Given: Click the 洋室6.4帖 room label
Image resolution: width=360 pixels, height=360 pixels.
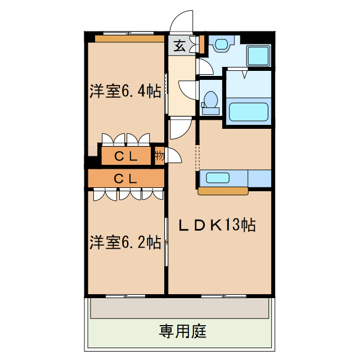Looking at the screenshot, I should [x=125, y=92].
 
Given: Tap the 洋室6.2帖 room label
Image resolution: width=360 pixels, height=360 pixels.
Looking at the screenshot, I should [x=125, y=242].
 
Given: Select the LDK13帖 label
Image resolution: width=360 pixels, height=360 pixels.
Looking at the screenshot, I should [x=217, y=225].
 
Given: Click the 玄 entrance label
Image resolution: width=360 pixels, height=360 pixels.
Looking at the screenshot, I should [x=179, y=46].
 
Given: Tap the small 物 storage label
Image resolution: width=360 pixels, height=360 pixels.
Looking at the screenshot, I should [x=159, y=156].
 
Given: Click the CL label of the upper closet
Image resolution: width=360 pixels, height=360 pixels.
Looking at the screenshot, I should [x=126, y=157].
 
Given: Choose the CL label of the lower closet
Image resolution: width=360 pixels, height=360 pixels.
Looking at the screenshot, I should [x=126, y=179].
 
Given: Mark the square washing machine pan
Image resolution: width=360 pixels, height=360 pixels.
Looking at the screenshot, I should [x=259, y=56].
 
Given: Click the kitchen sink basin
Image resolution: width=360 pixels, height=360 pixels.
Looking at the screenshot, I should [x=218, y=178].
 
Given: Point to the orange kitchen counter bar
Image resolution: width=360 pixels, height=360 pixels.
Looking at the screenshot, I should [x=223, y=191].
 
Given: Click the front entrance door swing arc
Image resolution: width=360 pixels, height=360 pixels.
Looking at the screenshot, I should [x=181, y=21].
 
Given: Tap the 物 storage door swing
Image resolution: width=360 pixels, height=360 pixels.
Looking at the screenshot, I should [x=172, y=156].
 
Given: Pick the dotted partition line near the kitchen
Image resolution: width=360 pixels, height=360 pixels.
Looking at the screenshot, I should [x=197, y=157].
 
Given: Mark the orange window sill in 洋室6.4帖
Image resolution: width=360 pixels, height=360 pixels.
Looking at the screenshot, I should [x=129, y=39].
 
